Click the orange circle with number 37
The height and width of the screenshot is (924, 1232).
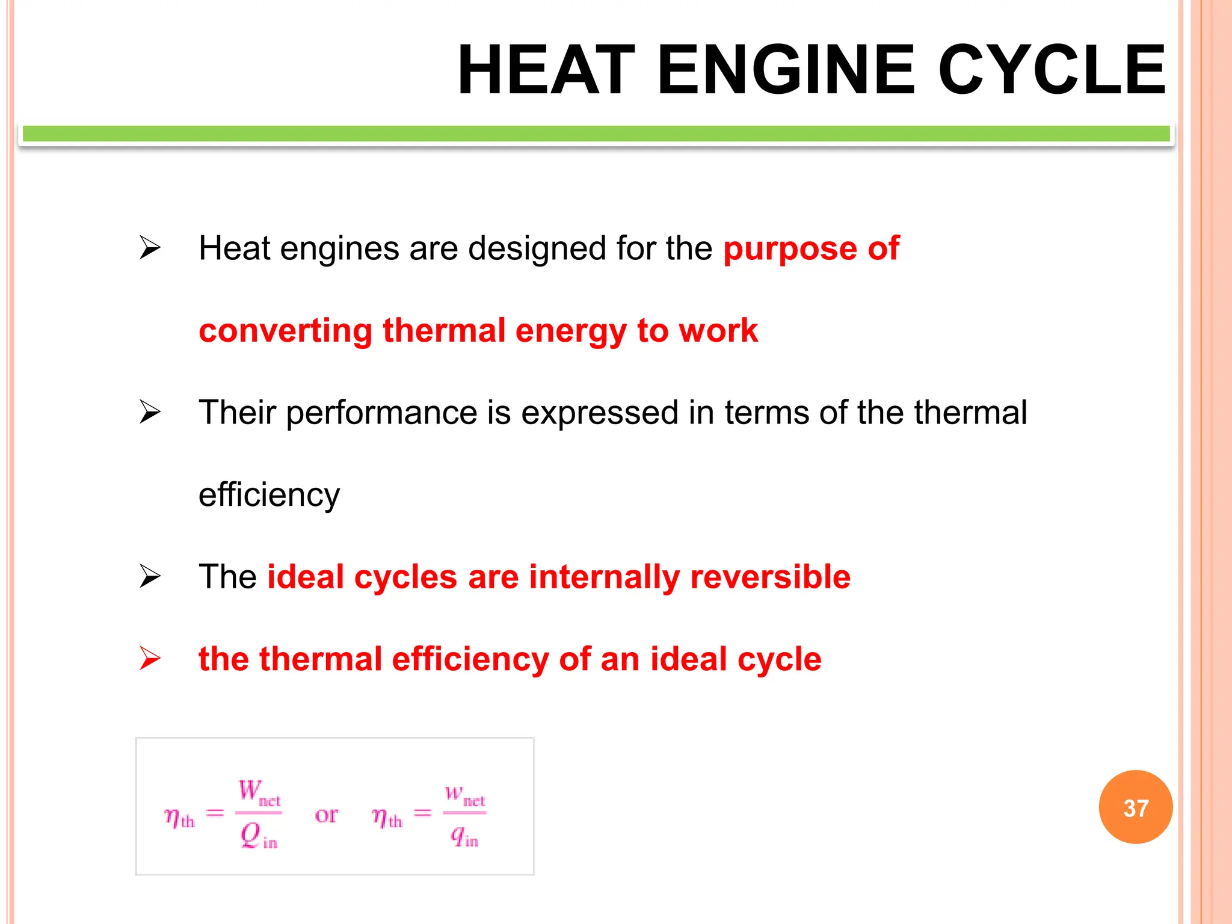tap(1135, 807)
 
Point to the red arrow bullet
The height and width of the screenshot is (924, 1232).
tap(150, 658)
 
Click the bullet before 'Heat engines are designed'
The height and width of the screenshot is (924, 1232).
tap(150, 248)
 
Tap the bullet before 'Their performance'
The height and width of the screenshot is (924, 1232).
tap(150, 412)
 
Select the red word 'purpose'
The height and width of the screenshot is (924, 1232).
tap(790, 249)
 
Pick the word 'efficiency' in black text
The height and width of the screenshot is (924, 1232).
tap(269, 496)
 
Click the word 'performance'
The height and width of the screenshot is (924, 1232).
tap(381, 413)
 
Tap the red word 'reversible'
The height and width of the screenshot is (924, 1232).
tap(770, 577)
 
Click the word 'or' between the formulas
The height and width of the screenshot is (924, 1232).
tap(326, 815)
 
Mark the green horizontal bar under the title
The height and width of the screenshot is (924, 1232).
tap(596, 134)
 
